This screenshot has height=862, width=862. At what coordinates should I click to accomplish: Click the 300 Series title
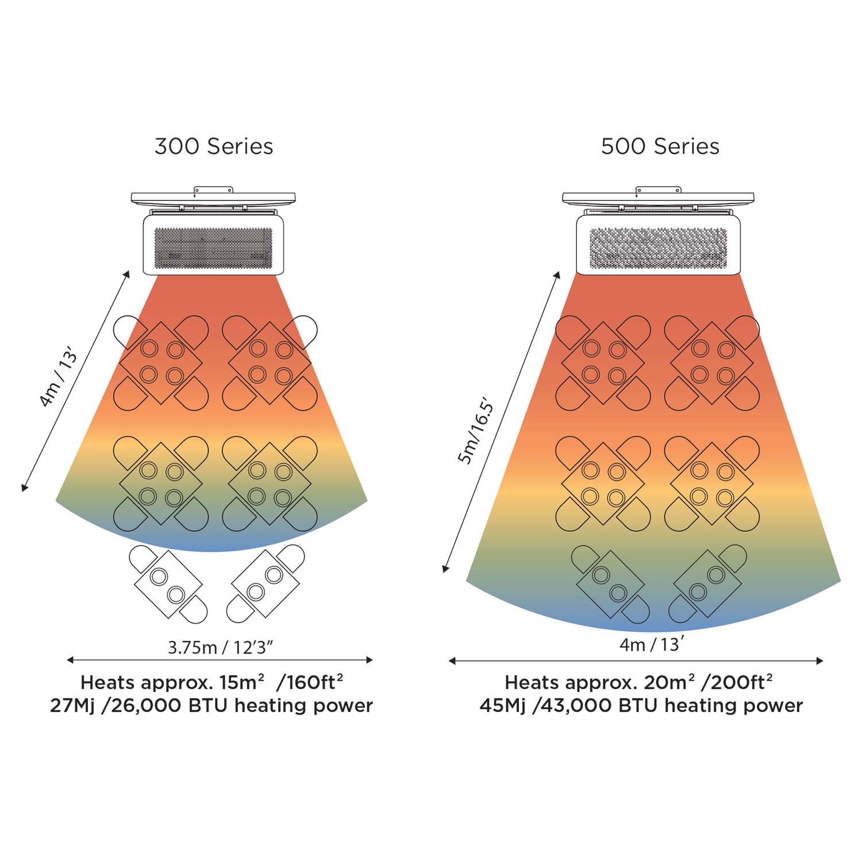pyautogui.click(x=214, y=146)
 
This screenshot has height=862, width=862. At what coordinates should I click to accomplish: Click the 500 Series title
pyautogui.click(x=660, y=146)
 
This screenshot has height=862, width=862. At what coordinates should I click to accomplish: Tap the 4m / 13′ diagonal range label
pyautogui.click(x=57, y=377)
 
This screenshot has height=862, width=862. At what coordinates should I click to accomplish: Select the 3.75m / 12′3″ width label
pyautogui.click(x=221, y=647)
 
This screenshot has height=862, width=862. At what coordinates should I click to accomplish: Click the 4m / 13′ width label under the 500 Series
pyautogui.click(x=652, y=644)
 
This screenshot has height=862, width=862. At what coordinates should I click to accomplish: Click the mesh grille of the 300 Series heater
pyautogui.click(x=213, y=248)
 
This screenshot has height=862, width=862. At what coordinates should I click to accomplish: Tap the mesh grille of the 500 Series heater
pyautogui.click(x=659, y=249)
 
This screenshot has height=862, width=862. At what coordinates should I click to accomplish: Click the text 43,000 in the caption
pyautogui.click(x=578, y=705)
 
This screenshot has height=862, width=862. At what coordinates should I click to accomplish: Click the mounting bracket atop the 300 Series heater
pyautogui.click(x=213, y=189)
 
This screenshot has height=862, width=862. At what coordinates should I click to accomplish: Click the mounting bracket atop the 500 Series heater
pyautogui.click(x=659, y=189)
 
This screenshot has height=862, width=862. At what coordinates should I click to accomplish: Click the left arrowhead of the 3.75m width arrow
pyautogui.click(x=70, y=660)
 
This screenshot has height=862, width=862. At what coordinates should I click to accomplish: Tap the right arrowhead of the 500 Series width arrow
pyautogui.click(x=820, y=661)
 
